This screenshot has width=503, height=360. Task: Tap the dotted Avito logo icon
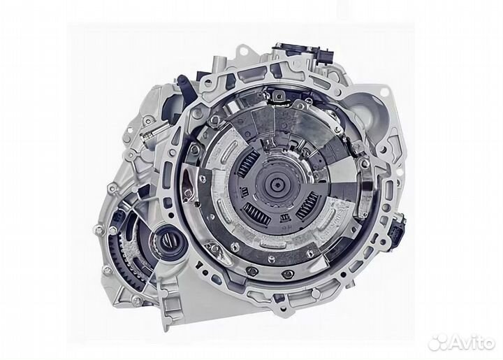[438, 342]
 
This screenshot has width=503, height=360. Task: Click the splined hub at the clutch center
[278, 187]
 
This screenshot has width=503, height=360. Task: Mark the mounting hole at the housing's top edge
[241, 52]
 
